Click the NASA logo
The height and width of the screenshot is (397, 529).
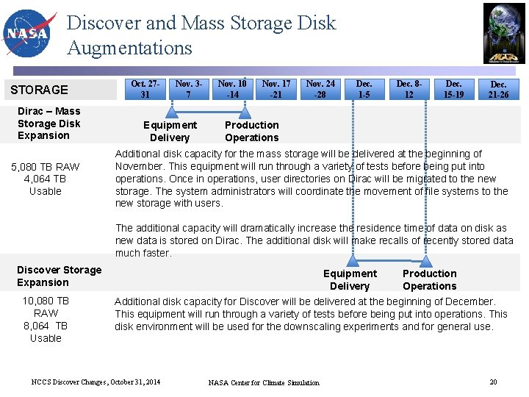29,33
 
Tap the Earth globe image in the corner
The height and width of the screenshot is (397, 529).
504,33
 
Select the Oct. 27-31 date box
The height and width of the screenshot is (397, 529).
145,89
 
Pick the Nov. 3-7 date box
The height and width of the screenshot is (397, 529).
189,89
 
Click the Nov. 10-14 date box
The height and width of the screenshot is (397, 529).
232,89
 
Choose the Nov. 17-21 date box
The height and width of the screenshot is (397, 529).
276,89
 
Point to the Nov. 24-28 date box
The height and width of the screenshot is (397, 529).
320,89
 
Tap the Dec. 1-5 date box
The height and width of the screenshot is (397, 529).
364,89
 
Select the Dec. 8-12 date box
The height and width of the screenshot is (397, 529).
409,89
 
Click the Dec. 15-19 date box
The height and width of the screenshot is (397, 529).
454,89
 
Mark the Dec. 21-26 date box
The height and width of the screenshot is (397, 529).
498,90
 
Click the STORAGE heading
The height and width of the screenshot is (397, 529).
39,90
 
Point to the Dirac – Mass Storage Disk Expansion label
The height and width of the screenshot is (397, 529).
48,124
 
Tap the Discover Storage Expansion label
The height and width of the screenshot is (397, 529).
59,276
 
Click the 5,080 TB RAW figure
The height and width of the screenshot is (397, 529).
46,167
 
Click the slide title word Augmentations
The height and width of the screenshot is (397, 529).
129,49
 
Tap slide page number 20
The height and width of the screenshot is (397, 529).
493,382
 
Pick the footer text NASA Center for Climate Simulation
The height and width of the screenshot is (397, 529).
264,382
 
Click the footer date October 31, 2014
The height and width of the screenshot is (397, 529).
134,382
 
